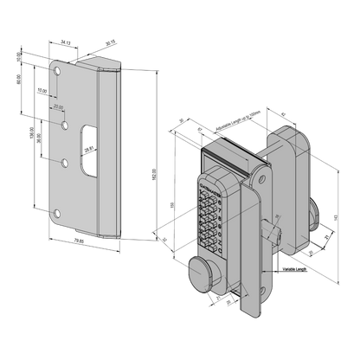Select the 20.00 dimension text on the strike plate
57,106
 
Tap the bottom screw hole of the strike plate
58,212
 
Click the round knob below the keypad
201,274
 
